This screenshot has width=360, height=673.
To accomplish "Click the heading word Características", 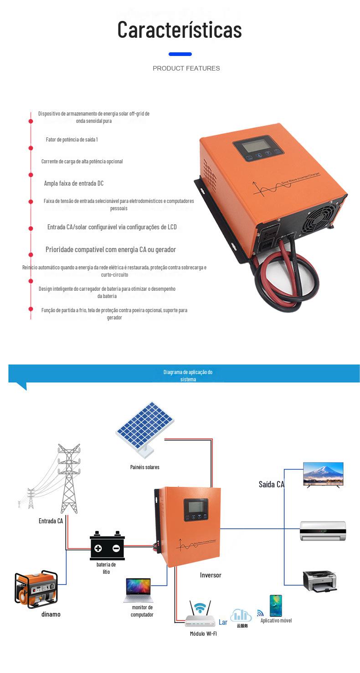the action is [x=180, y=30].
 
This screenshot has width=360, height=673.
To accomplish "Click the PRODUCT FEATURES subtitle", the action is [x=186, y=68].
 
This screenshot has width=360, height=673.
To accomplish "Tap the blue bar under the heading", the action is [x=180, y=54].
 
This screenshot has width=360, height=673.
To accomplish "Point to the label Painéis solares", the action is [x=145, y=467].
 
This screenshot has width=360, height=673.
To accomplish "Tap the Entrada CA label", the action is [x=51, y=521].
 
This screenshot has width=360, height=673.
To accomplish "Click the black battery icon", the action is [x=107, y=546].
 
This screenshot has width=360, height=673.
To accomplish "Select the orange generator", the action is [x=36, y=589].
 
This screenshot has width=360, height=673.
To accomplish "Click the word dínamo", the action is [x=51, y=614].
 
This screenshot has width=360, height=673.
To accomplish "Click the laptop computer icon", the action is [x=138, y=590].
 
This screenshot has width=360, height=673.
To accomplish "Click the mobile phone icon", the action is [x=276, y=606].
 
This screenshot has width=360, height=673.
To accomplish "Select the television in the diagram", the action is [x=324, y=475].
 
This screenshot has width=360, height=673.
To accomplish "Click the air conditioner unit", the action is [x=323, y=531].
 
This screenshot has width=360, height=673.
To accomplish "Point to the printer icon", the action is [x=320, y=581].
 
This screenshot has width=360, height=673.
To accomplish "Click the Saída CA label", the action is [x=271, y=485].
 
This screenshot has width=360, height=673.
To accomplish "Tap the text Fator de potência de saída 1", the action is [x=72, y=139].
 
